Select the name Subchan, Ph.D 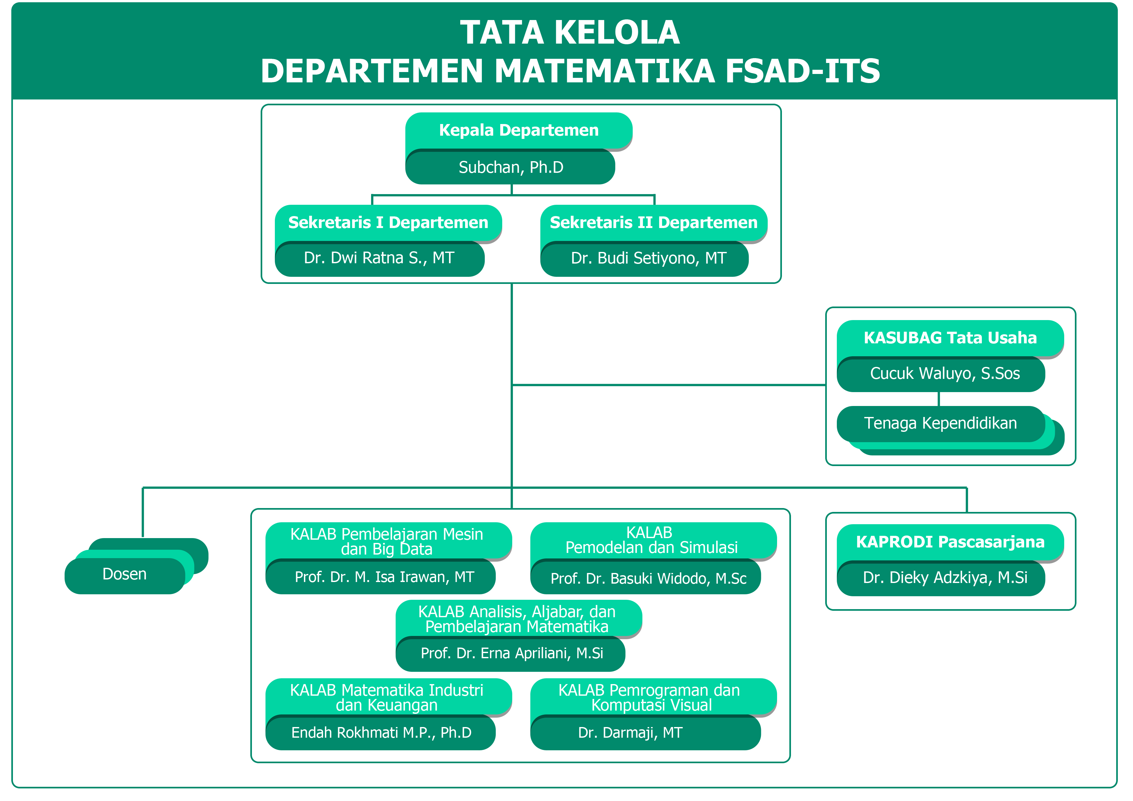click(x=510, y=167)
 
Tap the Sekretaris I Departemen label click(x=388, y=223)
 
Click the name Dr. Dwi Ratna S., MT click(x=379, y=258)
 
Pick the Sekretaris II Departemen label click(x=653, y=223)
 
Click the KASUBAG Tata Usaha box click(x=950, y=338)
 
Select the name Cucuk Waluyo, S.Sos click(x=944, y=374)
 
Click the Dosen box click(x=124, y=575)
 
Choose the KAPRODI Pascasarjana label click(x=950, y=542)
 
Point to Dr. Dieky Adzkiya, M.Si click(x=944, y=577)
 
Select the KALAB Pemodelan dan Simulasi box click(x=651, y=540)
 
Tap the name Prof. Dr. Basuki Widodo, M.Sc click(x=648, y=578)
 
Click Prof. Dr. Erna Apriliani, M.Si click(x=512, y=653)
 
